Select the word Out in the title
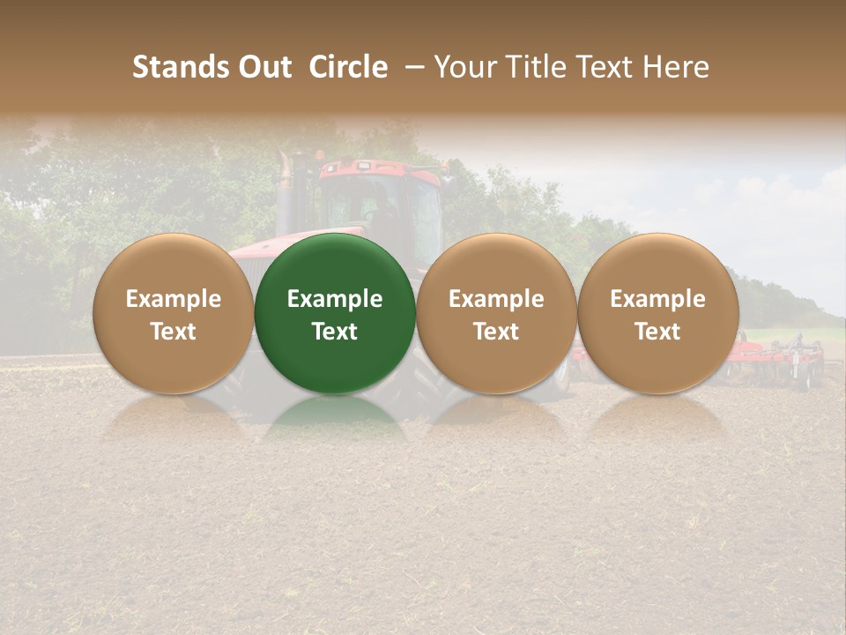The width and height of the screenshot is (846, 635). coord(263,67)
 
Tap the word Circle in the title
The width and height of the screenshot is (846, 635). coord(348,67)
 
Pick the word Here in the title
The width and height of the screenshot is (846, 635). coord(676,67)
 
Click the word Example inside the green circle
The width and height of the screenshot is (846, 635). coord(335,299)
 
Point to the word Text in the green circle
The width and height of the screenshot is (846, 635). coord(335,332)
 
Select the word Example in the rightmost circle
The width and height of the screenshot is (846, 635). coord(658,299)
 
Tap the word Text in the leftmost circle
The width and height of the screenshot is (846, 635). coord(174,332)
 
